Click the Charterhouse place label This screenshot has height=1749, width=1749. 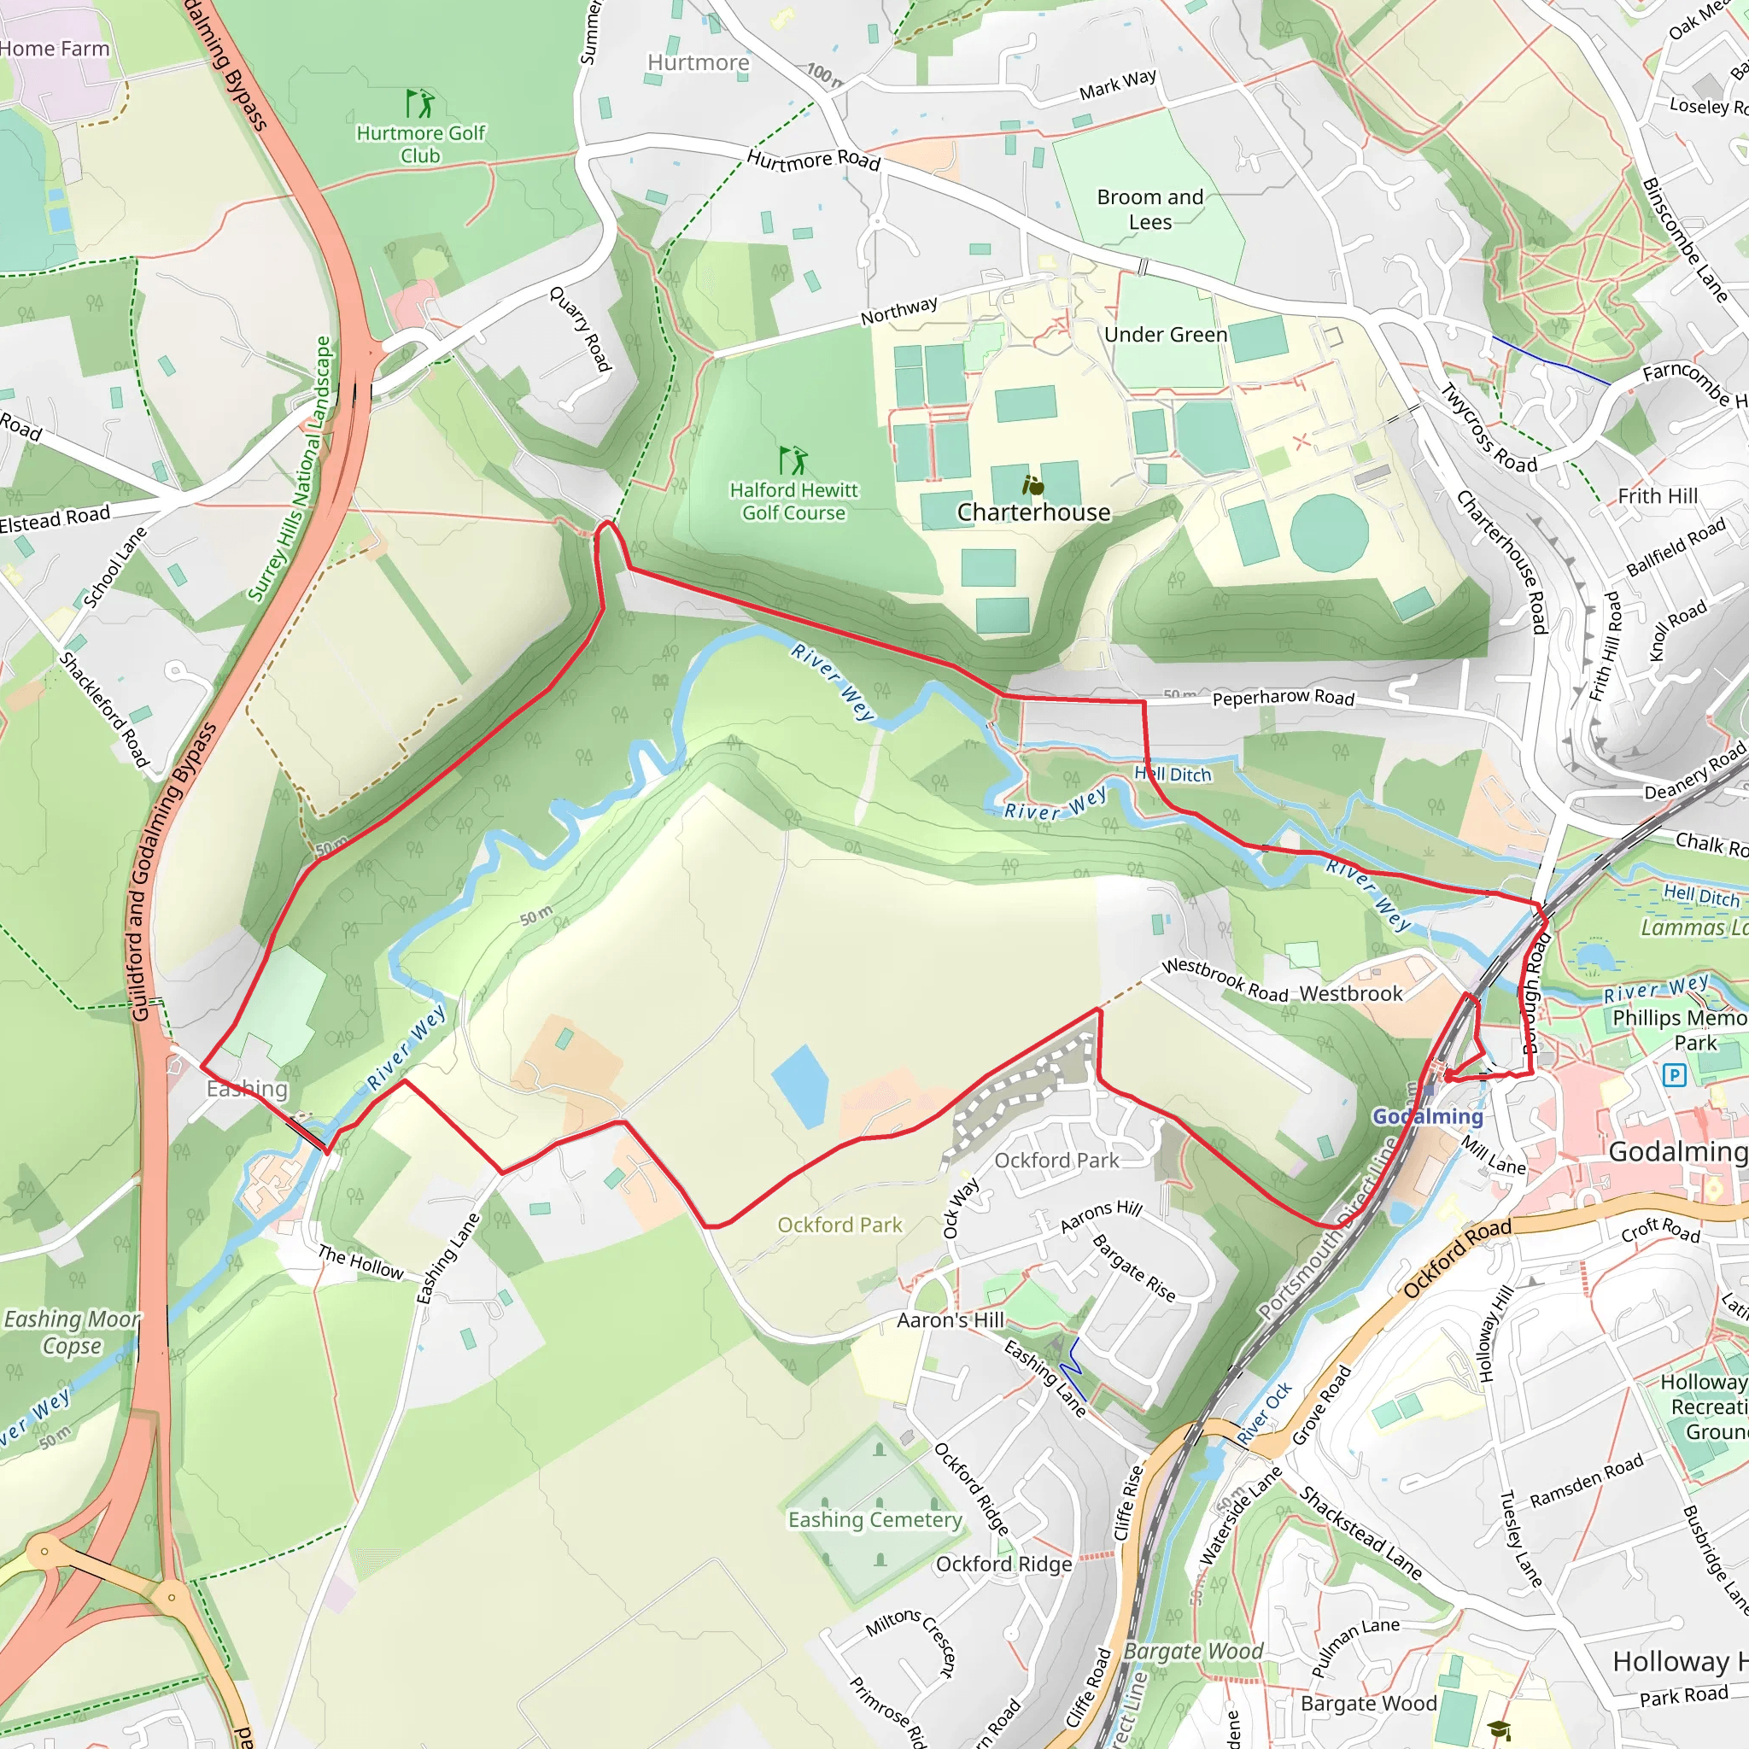1033,512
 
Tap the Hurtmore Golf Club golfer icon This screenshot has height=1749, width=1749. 419,103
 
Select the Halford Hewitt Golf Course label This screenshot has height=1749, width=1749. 793,501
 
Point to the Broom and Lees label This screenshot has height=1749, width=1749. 1149,209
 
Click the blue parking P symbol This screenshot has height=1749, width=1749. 1674,1075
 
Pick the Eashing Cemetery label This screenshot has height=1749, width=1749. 874,1520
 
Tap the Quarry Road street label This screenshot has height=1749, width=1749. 580,329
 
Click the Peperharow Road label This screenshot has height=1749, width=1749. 1283,698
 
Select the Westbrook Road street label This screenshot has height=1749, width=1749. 1224,980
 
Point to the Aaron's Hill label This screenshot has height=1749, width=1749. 950,1321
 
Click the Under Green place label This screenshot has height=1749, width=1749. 1165,335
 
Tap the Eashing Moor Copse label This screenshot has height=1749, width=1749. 73,1332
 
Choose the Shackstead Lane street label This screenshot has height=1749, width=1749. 1360,1533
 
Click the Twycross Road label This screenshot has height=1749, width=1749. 1489,428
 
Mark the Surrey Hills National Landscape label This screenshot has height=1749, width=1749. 290,469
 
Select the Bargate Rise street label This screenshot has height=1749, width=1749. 1133,1268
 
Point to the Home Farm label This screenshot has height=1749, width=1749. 55,49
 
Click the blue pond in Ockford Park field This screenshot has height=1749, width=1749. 800,1086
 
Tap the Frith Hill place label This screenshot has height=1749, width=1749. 1658,496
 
